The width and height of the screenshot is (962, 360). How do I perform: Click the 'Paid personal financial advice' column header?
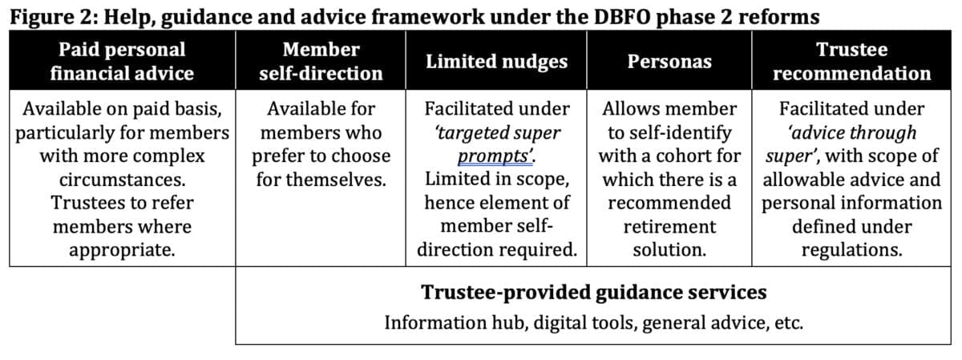point(123,61)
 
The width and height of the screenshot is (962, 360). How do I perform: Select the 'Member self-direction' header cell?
point(321,61)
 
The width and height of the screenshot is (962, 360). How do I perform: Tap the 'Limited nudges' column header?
point(496,62)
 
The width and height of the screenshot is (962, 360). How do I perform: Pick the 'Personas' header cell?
point(669,62)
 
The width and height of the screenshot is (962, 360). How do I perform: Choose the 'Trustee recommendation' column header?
point(851,61)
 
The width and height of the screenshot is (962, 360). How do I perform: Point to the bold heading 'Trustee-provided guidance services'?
point(593,292)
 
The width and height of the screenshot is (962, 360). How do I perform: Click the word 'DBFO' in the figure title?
point(622,17)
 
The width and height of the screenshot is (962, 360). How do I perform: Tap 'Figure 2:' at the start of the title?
point(55,17)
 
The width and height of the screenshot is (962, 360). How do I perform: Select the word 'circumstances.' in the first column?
point(123,180)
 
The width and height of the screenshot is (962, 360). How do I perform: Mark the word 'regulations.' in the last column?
point(851,249)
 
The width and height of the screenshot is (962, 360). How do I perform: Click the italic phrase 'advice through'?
point(851,133)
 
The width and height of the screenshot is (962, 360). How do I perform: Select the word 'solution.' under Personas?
point(669,249)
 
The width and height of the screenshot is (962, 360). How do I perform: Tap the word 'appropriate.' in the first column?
point(123,249)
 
